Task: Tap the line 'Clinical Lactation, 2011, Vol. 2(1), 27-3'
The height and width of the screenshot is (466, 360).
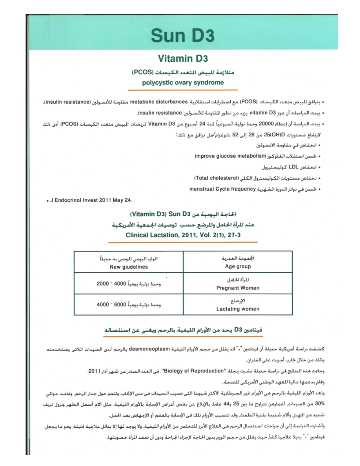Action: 183,235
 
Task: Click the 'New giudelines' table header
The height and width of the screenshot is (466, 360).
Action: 128,267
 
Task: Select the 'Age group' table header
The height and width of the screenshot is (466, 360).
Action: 237,267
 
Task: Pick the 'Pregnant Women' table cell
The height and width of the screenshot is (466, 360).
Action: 237,288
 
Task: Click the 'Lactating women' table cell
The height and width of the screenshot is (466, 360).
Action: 237,309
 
